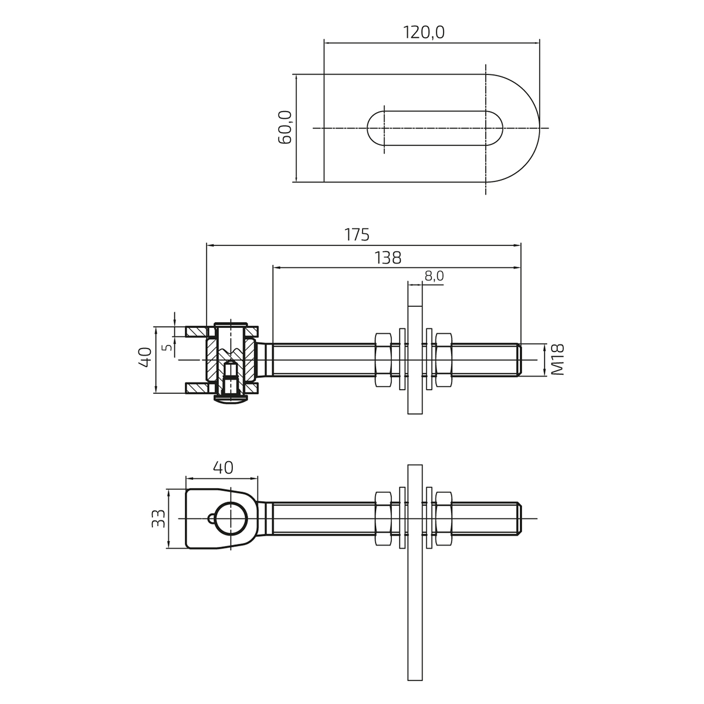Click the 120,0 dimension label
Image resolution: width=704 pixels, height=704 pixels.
coord(424,32)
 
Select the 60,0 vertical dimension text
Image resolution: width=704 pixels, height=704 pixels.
coord(285,127)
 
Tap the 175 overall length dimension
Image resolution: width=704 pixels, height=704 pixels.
coord(357,235)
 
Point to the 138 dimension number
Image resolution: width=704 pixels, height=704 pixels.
coord(388,258)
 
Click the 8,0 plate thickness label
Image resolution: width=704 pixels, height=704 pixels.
coord(434,276)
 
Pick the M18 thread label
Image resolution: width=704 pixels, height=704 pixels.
coord(557,360)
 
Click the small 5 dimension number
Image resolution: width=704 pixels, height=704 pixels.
coord(168,347)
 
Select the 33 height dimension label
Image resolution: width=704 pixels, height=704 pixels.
coord(158,519)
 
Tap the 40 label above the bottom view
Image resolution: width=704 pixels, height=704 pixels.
coord(223,467)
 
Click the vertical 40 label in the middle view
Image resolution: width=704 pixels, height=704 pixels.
coord(145,357)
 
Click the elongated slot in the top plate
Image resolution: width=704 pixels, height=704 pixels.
coord(435,128)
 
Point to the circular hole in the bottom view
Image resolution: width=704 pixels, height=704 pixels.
coord(231,519)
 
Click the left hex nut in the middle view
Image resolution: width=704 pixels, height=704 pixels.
coord(384,360)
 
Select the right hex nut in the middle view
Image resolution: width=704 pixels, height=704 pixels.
coord(444,360)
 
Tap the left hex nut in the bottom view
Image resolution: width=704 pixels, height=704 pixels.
coord(384,519)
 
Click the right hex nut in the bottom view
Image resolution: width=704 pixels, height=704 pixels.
coord(444,519)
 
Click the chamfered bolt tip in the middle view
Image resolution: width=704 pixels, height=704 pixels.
coord(519,360)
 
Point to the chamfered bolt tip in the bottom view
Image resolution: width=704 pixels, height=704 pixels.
coord(519,519)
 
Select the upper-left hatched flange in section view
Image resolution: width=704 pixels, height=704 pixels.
coord(197,331)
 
